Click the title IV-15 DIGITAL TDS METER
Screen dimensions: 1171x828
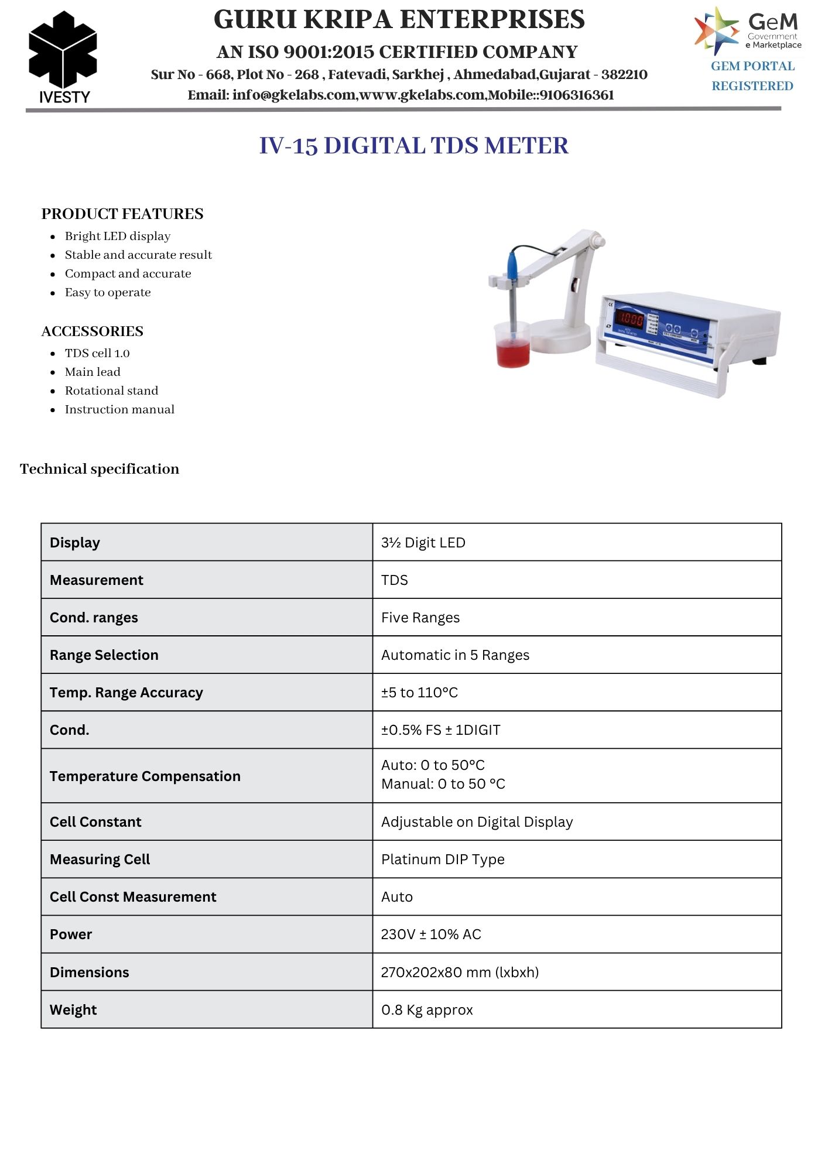click(413, 145)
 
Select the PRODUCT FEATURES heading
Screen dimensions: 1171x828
click(122, 214)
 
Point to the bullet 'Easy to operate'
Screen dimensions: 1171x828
click(108, 292)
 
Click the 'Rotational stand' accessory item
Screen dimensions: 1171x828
click(111, 391)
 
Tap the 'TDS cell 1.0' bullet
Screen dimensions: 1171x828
click(97, 353)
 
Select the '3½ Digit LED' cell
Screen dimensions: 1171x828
click(423, 543)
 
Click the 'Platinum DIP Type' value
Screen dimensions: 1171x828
click(443, 860)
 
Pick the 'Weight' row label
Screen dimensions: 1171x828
click(73, 1010)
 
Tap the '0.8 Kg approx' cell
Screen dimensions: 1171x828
click(427, 1010)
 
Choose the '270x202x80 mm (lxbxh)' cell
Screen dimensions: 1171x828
click(460, 973)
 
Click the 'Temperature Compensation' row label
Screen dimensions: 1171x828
click(145, 776)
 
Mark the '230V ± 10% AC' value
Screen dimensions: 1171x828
click(431, 934)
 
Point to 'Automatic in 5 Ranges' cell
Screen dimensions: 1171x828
click(455, 655)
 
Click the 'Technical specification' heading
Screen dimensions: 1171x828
click(100, 469)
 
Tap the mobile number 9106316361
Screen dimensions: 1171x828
click(576, 95)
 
